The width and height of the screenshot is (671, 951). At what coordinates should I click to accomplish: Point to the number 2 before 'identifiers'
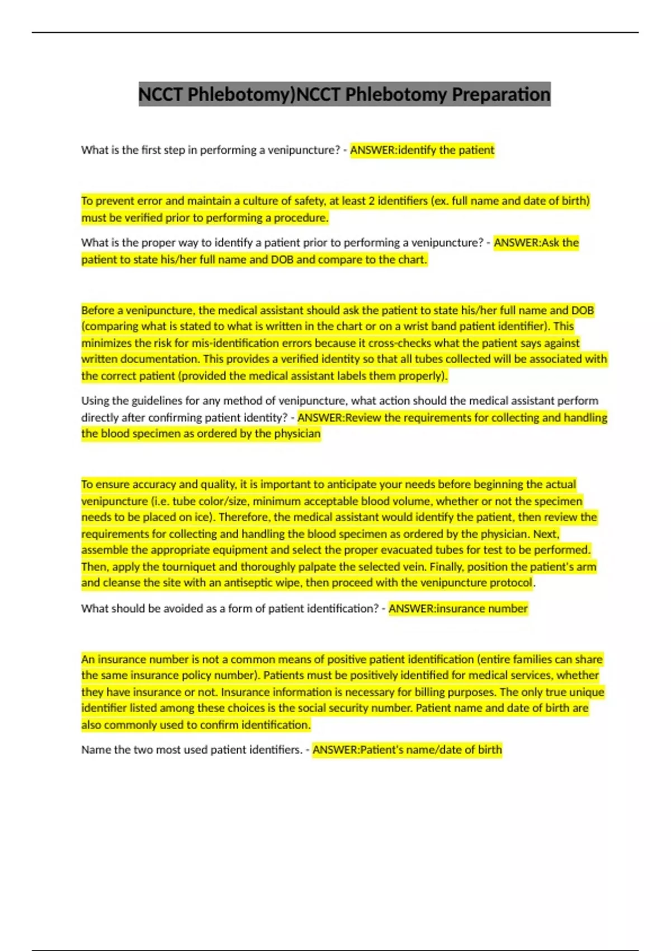coord(371,201)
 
